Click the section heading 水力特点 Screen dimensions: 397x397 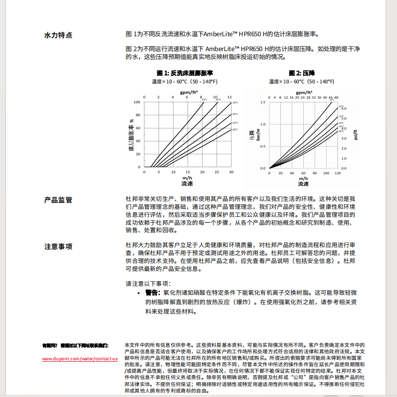click(58, 35)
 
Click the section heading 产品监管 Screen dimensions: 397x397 click(58, 200)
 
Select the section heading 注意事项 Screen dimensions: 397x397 click(58, 247)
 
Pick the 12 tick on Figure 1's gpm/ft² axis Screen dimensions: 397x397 click(229, 97)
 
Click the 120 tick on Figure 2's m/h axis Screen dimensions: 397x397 click(338, 173)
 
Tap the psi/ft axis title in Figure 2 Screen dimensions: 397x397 click(356, 134)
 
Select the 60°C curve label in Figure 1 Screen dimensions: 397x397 click(235, 130)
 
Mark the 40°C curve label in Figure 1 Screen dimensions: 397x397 click(235, 115)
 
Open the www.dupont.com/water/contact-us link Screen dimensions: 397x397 click(80, 358)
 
